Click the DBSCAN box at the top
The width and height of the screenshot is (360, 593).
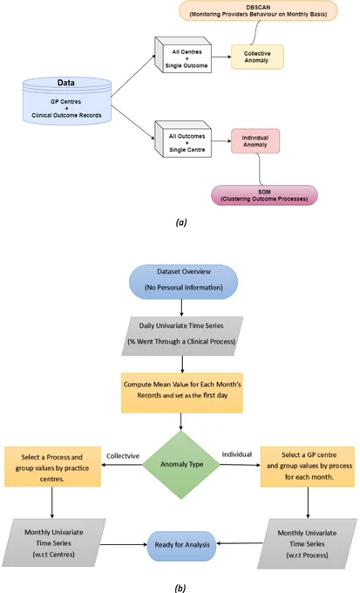[258, 10]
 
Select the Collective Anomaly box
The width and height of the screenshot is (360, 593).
[257, 57]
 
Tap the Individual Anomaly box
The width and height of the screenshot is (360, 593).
[255, 141]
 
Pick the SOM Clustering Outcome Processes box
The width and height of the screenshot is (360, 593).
[264, 195]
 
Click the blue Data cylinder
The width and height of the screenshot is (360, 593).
[67, 100]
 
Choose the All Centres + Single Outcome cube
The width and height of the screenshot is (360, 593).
[183, 55]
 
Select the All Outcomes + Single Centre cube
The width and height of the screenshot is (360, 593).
[183, 139]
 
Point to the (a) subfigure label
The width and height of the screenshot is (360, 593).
[181, 222]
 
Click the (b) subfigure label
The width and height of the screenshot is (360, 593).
[180, 588]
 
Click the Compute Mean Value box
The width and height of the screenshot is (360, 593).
[182, 393]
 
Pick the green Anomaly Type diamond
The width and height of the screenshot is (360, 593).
[181, 465]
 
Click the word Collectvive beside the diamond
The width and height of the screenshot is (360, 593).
[123, 456]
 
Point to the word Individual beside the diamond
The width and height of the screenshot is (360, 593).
[237, 454]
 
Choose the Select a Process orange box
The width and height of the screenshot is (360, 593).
[52, 467]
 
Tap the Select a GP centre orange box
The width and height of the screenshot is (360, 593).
[308, 466]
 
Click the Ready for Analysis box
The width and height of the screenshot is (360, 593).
[182, 545]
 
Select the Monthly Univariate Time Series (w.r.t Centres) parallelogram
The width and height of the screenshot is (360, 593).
[53, 542]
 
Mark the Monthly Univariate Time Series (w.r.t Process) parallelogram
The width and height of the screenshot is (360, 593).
[307, 543]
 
